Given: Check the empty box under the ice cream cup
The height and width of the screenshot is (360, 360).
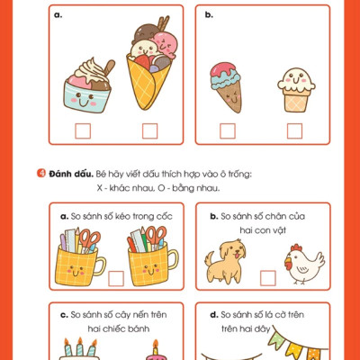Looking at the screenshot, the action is [83, 131].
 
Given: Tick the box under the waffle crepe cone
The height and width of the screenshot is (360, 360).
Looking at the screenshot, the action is [149, 131].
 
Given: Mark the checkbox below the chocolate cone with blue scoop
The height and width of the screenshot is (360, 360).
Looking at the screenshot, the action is [228, 131].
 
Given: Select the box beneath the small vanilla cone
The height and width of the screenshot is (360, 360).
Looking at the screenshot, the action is [294, 131].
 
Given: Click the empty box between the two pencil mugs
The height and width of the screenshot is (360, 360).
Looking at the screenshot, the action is [116, 278].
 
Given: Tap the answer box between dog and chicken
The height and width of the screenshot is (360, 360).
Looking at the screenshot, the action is [268, 278].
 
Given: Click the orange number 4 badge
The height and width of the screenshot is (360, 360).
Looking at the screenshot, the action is [41, 174].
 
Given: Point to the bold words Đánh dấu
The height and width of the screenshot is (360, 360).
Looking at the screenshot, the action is [71, 174].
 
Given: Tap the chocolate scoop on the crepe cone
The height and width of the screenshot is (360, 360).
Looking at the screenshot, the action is [146, 32].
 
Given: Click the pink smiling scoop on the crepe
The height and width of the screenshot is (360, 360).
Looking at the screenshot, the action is [165, 44].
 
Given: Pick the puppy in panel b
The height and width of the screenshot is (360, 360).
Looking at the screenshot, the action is [225, 261].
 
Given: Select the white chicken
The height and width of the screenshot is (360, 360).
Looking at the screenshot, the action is [304, 264].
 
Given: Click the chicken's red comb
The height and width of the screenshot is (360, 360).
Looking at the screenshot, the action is [296, 247].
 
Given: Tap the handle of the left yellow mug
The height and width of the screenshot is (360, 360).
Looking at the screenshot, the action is [100, 266].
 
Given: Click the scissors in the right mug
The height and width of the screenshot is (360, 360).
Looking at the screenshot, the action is [156, 237].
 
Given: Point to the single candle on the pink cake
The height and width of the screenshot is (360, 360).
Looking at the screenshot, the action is [156, 347].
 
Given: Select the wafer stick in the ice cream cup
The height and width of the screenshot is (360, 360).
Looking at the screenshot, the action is [109, 67].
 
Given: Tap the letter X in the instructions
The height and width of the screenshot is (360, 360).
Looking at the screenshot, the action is [100, 188].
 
